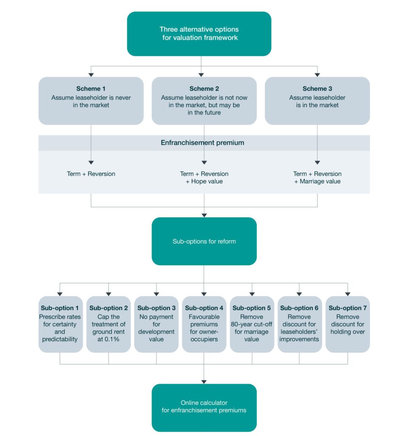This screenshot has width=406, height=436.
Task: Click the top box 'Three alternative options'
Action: pyautogui.click(x=199, y=34)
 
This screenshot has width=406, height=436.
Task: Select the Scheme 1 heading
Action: pyautogui.click(x=91, y=89)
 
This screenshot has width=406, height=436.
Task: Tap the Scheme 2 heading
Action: pyautogui.click(x=204, y=89)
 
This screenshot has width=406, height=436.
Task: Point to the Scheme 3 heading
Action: pyautogui.click(x=317, y=89)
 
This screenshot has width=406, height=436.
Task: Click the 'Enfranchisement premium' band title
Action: pyautogui.click(x=202, y=143)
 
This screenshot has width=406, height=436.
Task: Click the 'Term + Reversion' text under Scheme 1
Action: pyautogui.click(x=91, y=174)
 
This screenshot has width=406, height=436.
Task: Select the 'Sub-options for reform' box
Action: pyautogui.click(x=204, y=241)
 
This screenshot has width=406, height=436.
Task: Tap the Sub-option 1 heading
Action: pyautogui.click(x=60, y=308)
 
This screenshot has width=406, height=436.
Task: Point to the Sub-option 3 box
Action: pyautogui.click(x=156, y=324)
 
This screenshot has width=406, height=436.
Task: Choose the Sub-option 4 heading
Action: pyautogui.click(x=204, y=308)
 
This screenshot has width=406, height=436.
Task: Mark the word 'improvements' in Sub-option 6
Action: pyautogui.click(x=299, y=339)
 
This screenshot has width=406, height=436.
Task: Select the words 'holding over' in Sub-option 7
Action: pyautogui.click(x=347, y=332)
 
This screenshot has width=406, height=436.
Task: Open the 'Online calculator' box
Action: pyautogui.click(x=204, y=407)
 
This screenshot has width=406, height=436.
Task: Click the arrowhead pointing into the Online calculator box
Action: pyautogui.click(x=204, y=381)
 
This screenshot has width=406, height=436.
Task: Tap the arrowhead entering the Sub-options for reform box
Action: pyautogui.click(x=204, y=215)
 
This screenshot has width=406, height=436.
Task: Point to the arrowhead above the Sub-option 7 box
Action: pyautogui.click(x=347, y=293)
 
